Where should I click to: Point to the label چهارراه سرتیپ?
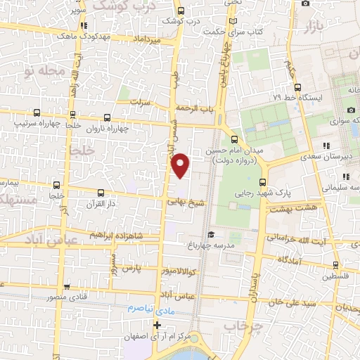tap(37, 123)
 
